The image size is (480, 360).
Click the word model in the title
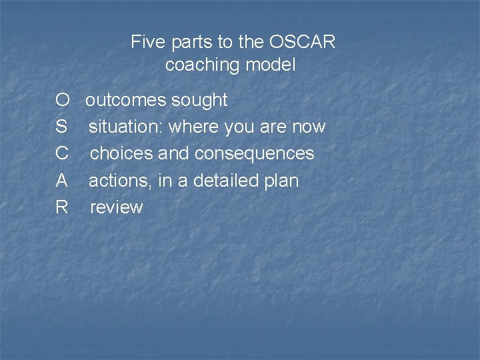click(271, 65)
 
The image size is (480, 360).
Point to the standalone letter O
click(63, 101)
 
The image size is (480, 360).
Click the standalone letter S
click(62, 127)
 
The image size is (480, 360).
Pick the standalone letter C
click(62, 154)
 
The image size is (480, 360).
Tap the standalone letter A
click(62, 181)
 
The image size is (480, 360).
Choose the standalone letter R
click(62, 207)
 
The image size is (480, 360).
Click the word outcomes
click(126, 101)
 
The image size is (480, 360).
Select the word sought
click(199, 101)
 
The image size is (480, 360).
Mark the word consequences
click(254, 154)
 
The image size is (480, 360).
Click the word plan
click(282, 181)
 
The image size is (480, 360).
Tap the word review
click(116, 207)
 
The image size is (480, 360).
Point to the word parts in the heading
click(191, 43)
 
